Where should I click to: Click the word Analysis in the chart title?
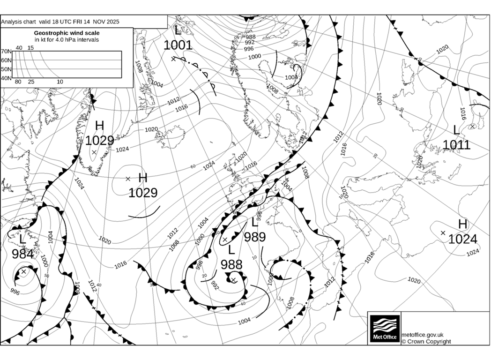click(x=13, y=22)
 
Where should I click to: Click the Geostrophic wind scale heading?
click(x=67, y=33)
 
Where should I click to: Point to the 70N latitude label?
click(x=6, y=52)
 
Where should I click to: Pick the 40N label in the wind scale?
click(x=6, y=78)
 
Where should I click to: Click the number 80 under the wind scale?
click(x=18, y=82)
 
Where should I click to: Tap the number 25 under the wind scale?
click(x=31, y=82)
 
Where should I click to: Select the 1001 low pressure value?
click(x=178, y=45)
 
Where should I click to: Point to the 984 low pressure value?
click(x=22, y=255)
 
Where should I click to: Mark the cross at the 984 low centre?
click(x=23, y=271)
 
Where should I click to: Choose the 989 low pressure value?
click(x=255, y=237)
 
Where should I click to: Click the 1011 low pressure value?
click(x=456, y=145)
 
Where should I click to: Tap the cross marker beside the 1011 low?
click(x=472, y=126)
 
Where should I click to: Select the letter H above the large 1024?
click(x=462, y=225)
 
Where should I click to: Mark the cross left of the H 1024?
click(x=443, y=232)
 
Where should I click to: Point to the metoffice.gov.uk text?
click(x=423, y=335)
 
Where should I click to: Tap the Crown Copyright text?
click(x=426, y=341)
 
